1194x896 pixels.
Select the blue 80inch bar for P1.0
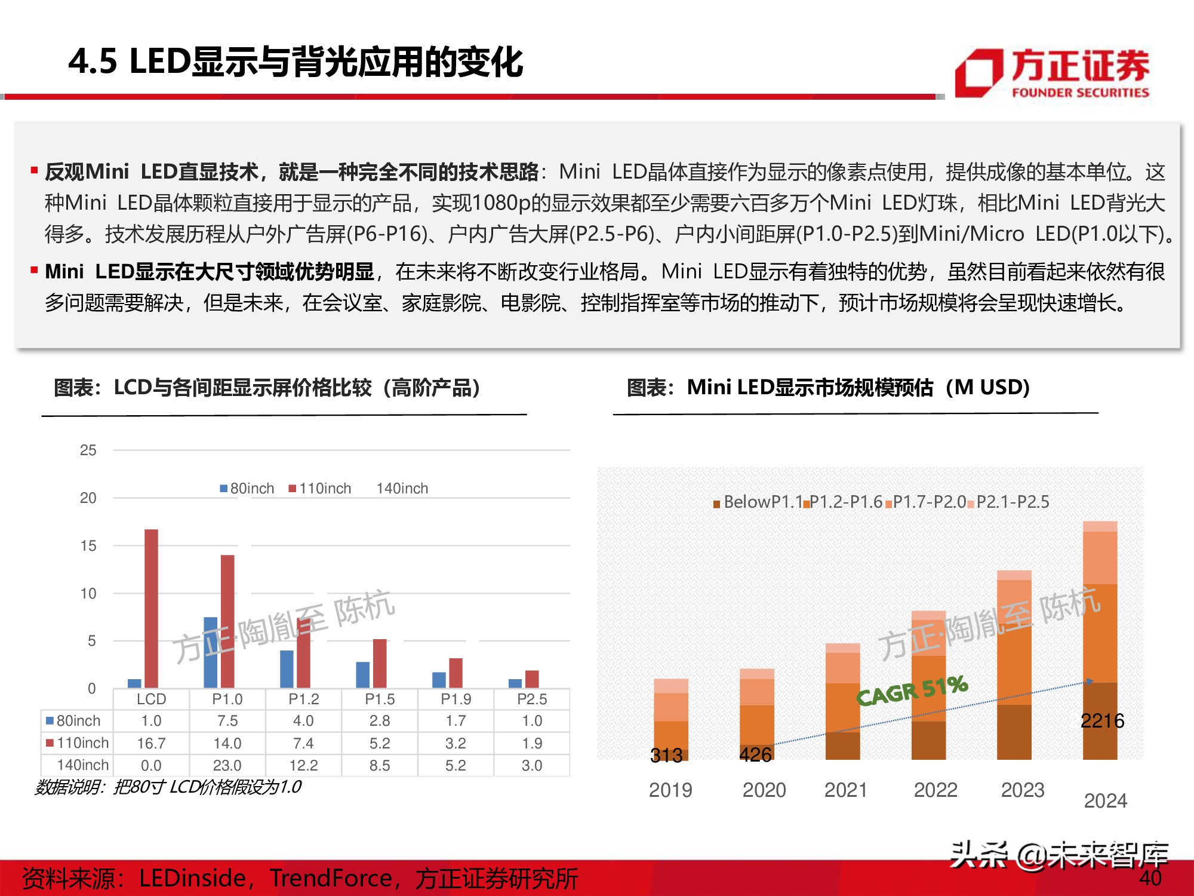[x=211, y=652]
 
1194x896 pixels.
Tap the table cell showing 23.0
[x=227, y=765]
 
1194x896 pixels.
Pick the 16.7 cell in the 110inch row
[x=151, y=743]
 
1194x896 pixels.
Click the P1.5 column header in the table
[x=380, y=699]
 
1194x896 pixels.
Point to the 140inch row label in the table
[x=82, y=765]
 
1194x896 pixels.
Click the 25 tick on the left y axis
[x=88, y=450]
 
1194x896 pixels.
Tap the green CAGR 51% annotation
[x=912, y=691]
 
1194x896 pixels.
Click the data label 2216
[x=1102, y=721]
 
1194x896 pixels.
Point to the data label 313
[x=666, y=756]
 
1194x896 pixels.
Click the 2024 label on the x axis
[x=1105, y=800]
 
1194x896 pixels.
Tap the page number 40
[x=1150, y=877]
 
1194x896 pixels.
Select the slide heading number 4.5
[x=93, y=62]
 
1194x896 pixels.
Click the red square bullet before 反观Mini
[x=35, y=171]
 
